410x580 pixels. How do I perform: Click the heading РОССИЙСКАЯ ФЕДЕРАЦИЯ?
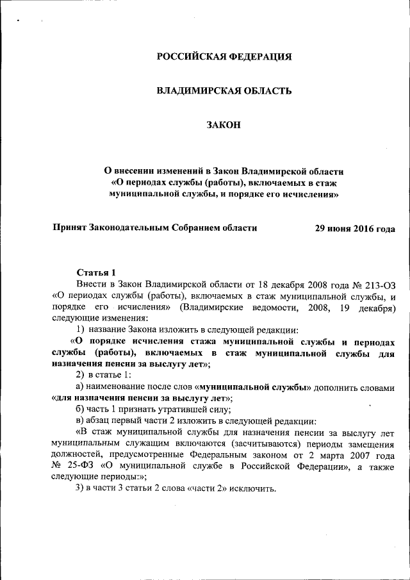[x=224, y=56]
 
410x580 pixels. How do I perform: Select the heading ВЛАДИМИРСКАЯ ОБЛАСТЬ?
[x=224, y=91]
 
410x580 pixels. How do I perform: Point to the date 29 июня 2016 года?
[x=355, y=229]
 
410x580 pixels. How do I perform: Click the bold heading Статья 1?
[x=96, y=272]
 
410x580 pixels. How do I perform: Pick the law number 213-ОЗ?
[x=379, y=284]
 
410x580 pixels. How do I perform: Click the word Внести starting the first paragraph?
[x=92, y=284]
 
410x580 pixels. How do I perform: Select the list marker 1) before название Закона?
[x=81, y=330]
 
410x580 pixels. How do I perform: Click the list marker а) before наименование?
[x=80, y=388]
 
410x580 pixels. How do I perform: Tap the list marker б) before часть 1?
[x=80, y=410]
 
